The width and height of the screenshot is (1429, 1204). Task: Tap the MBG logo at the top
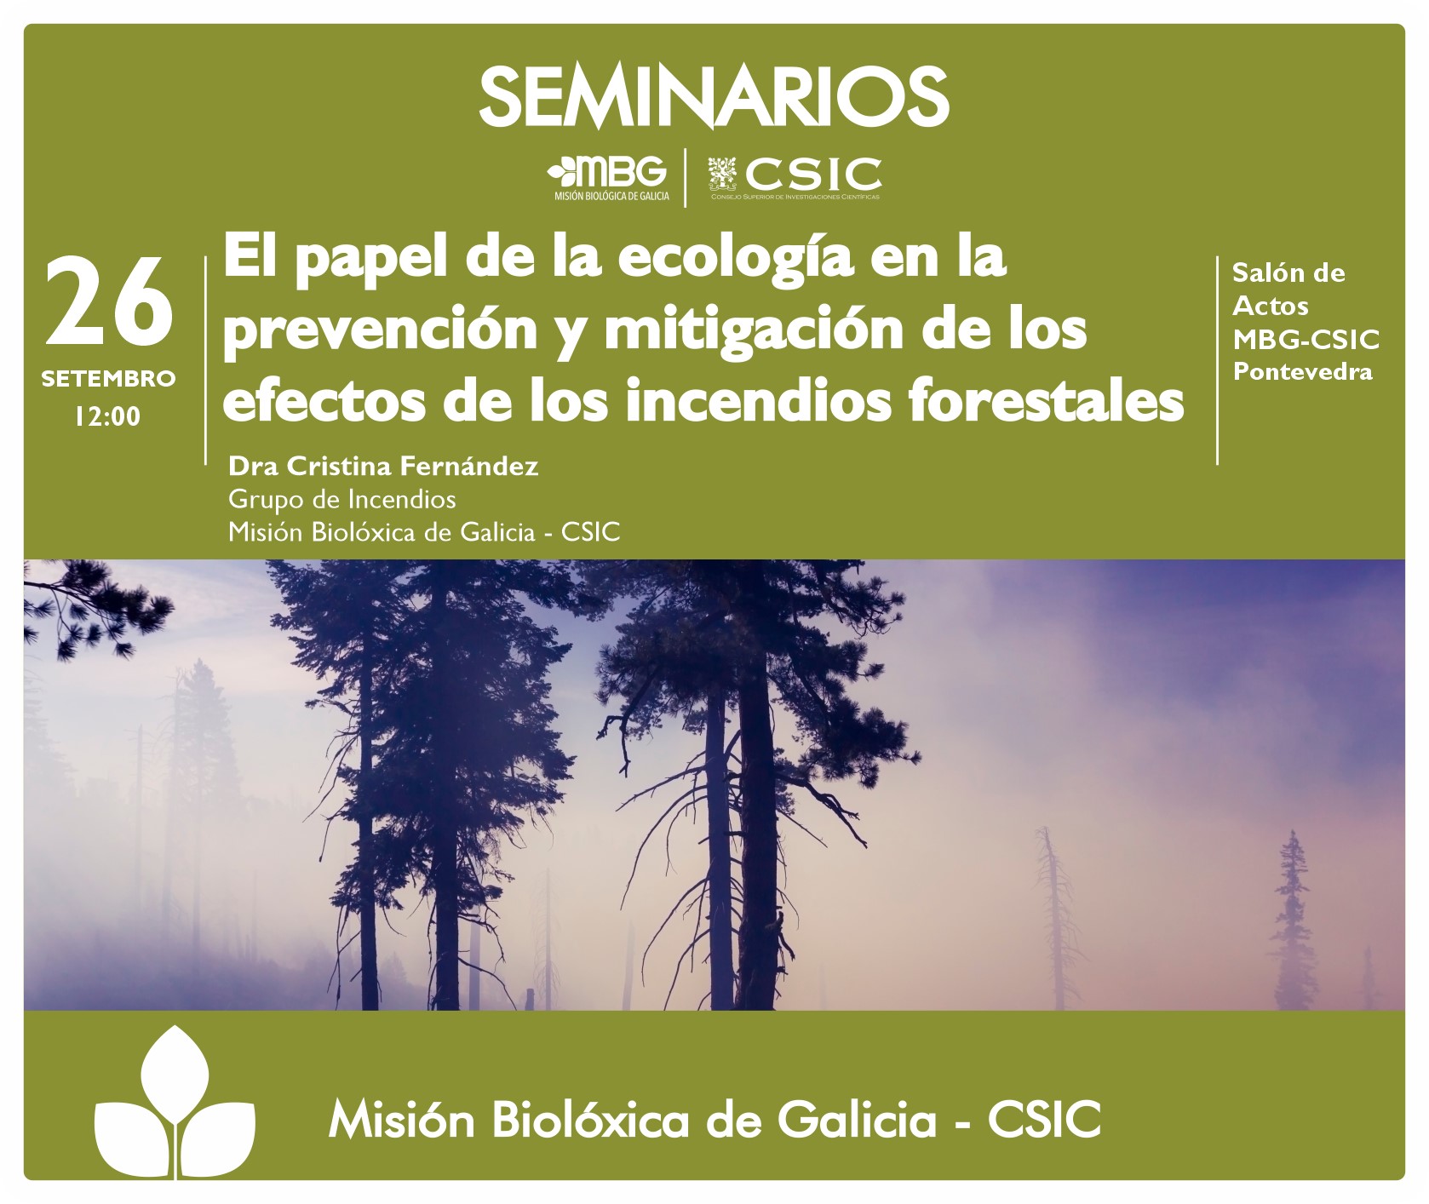pos(608,179)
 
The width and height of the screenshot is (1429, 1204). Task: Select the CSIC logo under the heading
pos(795,178)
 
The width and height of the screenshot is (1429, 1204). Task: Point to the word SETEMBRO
pos(108,379)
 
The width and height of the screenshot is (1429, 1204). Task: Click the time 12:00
pos(107,416)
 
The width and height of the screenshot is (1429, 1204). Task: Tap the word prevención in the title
pos(380,330)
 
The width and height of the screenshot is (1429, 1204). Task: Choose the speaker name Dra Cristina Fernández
pos(383,467)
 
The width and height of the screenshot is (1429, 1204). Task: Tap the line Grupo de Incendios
pos(341,499)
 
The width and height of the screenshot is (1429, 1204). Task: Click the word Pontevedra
pos(1303,372)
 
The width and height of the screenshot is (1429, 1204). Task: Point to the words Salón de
pos(1288,273)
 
